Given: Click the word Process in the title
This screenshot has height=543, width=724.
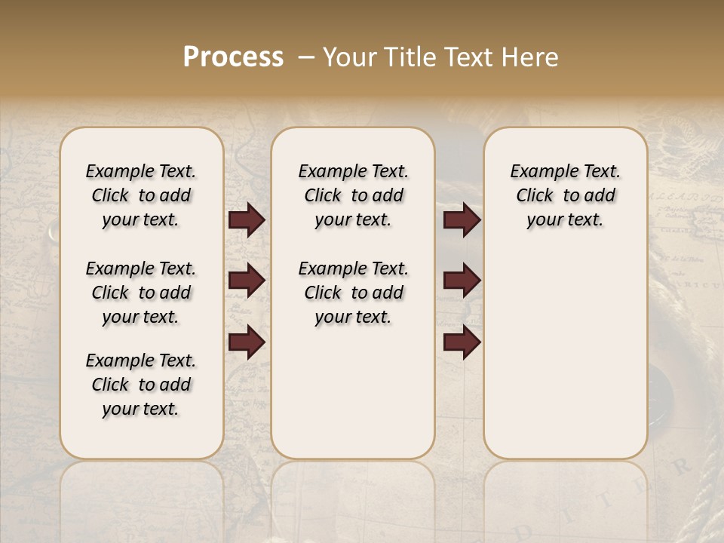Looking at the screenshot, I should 233,57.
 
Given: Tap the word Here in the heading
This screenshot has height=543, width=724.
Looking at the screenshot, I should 529,57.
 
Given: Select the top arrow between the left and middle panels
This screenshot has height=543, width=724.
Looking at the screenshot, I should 247,219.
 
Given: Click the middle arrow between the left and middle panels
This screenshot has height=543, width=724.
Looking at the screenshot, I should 247,281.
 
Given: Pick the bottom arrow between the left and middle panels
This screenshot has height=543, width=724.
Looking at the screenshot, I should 247,342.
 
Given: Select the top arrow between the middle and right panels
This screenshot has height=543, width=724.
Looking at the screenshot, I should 462,219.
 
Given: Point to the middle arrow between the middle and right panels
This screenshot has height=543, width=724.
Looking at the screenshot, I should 462,281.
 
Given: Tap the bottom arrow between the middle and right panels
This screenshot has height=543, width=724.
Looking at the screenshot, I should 462,342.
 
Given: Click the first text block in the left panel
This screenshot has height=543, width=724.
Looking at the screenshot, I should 141,195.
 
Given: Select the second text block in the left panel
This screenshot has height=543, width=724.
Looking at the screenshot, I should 141,293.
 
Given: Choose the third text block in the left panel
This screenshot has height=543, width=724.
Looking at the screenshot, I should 141,385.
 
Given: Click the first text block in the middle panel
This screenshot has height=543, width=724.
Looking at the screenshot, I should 353,195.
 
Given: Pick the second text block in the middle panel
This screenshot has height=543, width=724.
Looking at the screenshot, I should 353,293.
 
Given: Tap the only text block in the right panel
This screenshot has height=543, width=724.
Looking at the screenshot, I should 565,195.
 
